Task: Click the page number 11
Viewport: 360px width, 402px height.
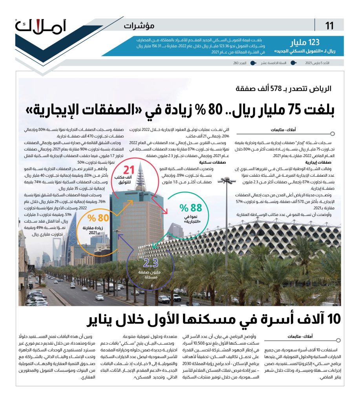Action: [x=329, y=26]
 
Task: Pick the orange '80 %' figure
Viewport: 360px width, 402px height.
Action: [x=97, y=218]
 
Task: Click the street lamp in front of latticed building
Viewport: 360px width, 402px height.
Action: [x=227, y=182]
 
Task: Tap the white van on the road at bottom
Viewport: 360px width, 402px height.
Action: [x=164, y=299]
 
